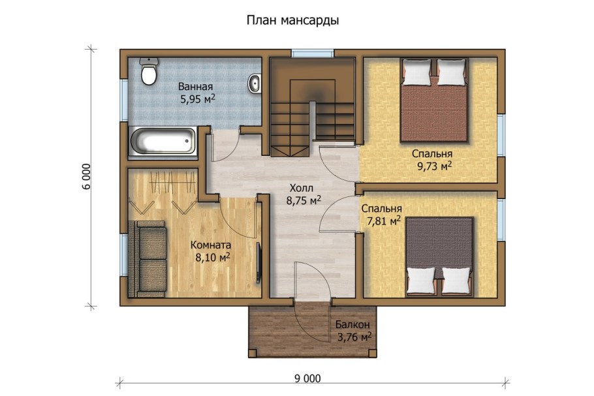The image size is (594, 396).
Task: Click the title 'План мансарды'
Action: pos(292,20)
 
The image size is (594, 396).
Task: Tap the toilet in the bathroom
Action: pos(149,73)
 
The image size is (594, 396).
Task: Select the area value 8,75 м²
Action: pos(303,201)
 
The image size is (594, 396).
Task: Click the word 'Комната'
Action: pos(210,245)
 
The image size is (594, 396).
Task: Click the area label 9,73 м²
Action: pos(435,167)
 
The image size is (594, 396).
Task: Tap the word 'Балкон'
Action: pos(353,324)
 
